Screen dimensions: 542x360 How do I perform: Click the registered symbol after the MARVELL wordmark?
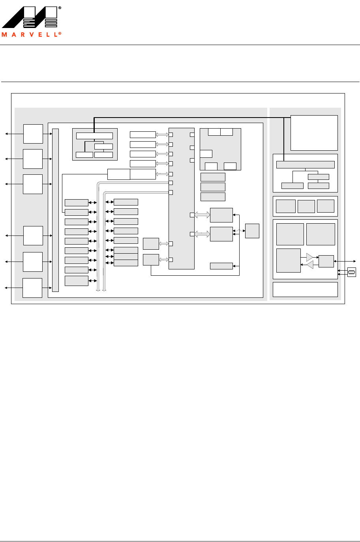click(60, 34)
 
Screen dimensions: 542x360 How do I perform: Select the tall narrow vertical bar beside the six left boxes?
click(55, 210)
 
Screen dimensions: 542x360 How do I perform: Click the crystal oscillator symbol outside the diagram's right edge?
click(351, 272)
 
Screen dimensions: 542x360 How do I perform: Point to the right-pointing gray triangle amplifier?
click(309, 257)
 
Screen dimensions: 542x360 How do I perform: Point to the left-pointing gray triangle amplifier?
click(310, 265)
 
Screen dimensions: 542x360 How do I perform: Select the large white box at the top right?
click(314, 133)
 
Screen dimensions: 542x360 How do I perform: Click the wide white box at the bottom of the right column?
click(305, 289)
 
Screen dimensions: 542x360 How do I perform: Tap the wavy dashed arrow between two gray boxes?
click(239, 231)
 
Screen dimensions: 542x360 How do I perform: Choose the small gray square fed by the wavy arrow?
click(252, 231)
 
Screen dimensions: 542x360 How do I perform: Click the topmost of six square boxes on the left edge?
click(33, 134)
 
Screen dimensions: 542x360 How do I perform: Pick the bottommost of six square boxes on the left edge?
click(32, 288)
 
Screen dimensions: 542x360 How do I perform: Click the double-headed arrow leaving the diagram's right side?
click(345, 261)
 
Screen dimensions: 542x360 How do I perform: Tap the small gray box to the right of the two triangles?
click(326, 261)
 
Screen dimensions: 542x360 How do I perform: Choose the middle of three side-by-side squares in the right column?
click(306, 206)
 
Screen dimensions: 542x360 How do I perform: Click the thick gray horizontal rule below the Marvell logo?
click(180, 45)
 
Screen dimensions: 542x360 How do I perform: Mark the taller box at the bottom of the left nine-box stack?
click(76, 280)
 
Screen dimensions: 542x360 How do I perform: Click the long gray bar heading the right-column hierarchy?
click(305, 164)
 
